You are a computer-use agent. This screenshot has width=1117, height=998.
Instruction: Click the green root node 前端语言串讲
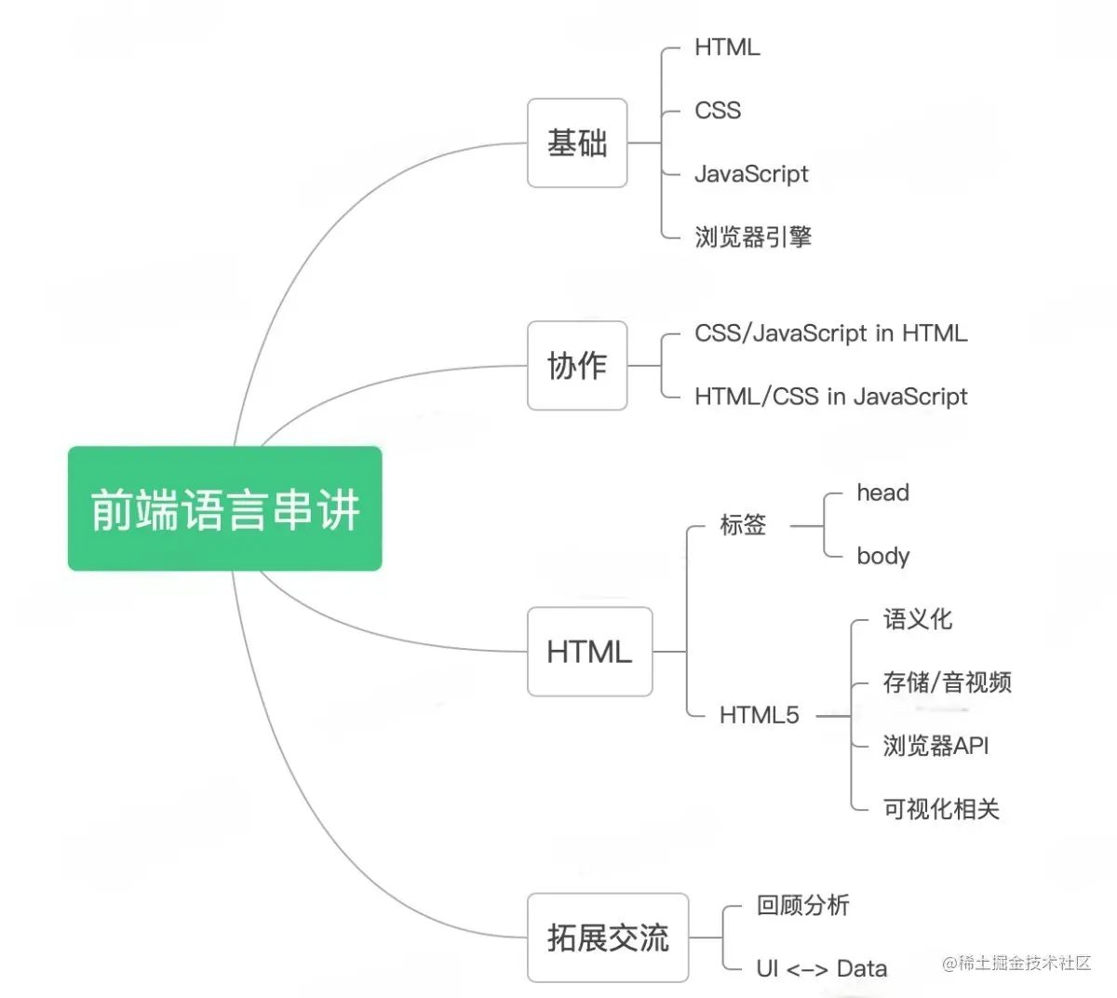click(x=224, y=508)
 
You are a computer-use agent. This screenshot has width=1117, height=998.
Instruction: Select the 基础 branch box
click(x=577, y=143)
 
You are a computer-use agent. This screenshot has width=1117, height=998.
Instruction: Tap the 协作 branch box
click(x=577, y=365)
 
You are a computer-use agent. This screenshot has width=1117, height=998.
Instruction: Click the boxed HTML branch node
click(x=589, y=652)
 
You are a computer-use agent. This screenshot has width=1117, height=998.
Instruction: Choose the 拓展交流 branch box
click(x=608, y=937)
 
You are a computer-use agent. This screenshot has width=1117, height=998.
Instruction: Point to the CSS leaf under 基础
click(x=718, y=111)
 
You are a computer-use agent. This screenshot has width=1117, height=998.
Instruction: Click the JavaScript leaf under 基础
click(x=751, y=174)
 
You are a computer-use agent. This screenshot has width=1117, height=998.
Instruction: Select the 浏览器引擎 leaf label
click(x=753, y=236)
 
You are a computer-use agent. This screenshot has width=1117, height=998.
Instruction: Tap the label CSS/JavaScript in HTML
click(x=830, y=333)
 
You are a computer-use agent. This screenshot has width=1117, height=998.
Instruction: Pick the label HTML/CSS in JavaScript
click(x=830, y=397)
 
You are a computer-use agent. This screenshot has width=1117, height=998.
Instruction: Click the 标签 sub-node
click(x=743, y=525)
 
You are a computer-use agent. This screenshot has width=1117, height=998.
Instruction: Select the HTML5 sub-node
click(x=759, y=715)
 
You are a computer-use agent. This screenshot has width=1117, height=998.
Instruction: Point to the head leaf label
click(x=882, y=492)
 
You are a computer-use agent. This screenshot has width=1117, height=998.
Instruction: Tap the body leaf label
click(x=882, y=556)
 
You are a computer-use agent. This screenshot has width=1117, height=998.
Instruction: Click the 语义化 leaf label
click(x=917, y=619)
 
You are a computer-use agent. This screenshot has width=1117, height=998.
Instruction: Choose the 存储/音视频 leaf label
click(x=947, y=682)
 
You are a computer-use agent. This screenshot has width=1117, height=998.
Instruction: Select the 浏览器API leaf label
click(x=935, y=746)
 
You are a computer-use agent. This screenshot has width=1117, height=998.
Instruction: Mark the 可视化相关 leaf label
click(x=941, y=809)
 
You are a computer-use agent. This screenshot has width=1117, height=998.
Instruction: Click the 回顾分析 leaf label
click(x=802, y=905)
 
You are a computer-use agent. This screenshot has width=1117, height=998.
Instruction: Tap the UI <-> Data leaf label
click(x=821, y=969)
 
